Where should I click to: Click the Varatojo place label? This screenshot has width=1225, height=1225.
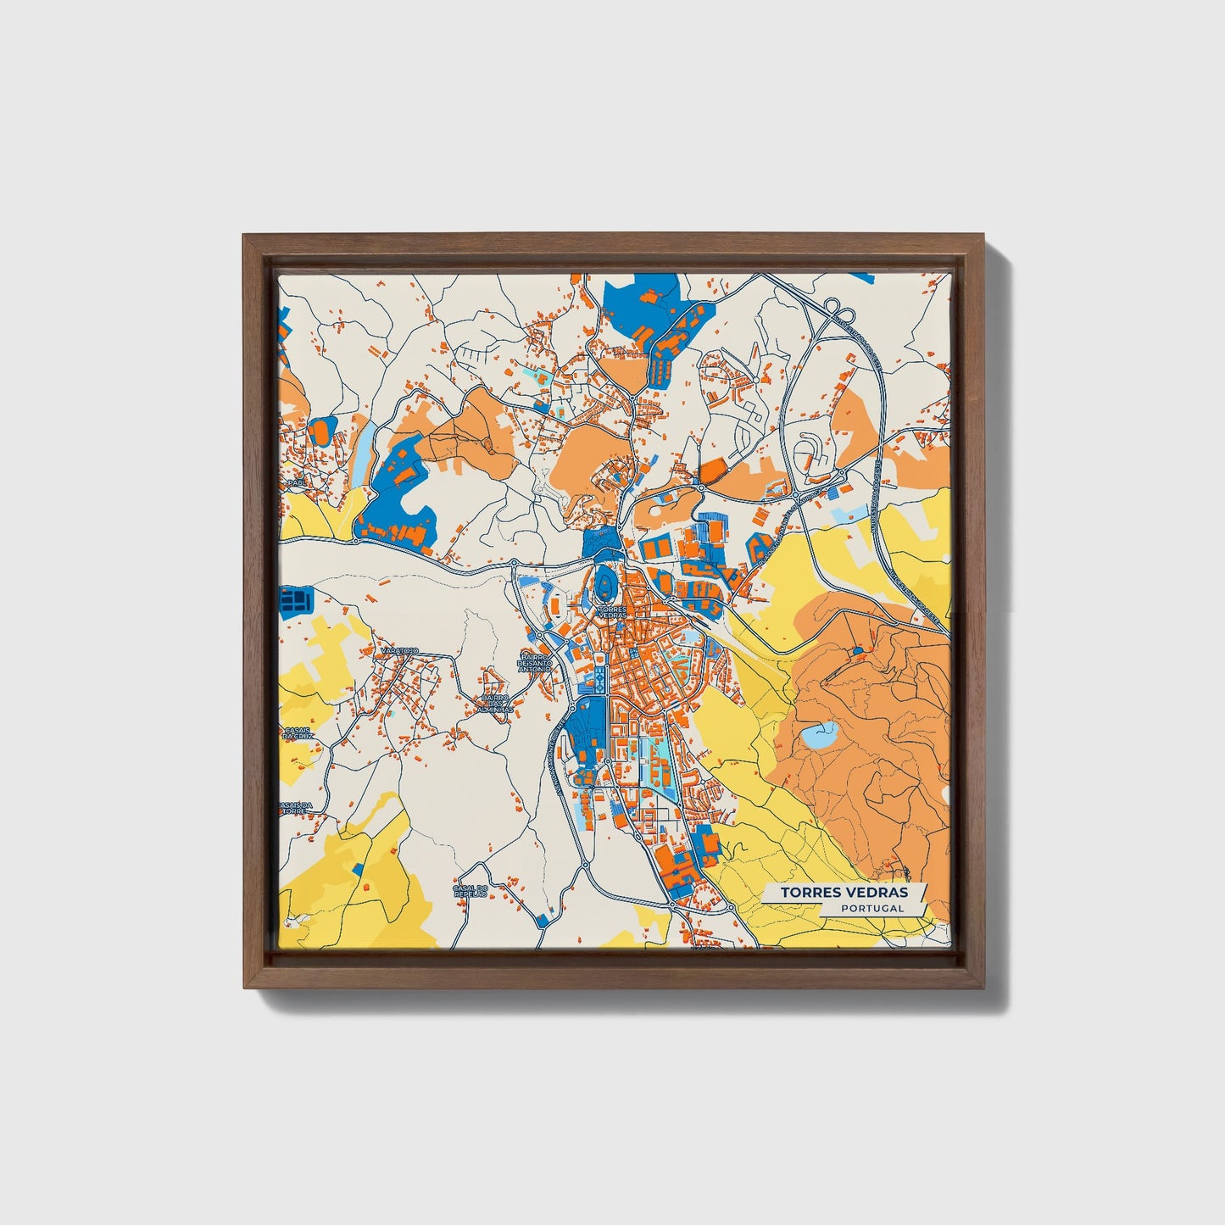(398, 650)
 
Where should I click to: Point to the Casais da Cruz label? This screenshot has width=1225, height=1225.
(298, 733)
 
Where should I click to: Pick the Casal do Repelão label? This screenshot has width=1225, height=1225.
(471, 891)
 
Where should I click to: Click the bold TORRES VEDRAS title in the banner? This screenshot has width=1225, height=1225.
(844, 893)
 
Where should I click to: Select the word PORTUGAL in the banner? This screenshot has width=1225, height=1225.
(872, 908)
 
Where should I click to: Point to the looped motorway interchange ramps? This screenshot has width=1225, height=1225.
(834, 308)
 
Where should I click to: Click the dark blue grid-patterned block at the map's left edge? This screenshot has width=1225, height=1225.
(296, 601)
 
